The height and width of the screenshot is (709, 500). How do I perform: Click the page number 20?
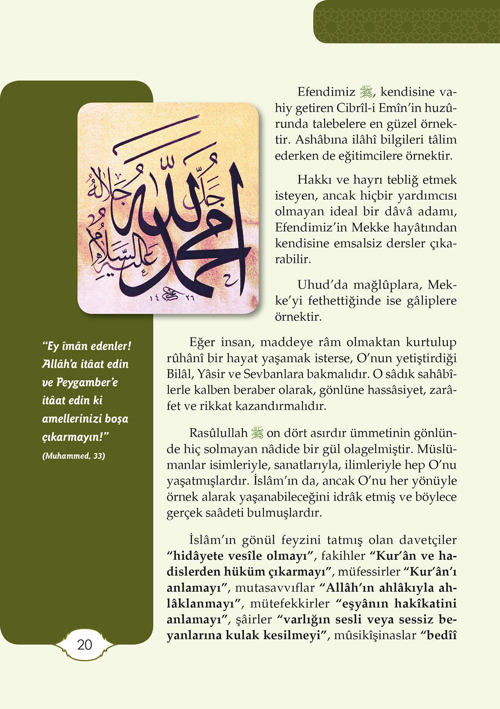pos(85,645)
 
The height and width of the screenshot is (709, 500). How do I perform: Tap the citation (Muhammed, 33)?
pos(74,456)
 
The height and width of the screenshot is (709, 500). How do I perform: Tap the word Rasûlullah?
pos(218,433)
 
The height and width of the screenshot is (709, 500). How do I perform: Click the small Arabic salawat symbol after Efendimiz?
pos(364,92)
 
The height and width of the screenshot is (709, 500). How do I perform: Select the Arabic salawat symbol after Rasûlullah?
pos(257,433)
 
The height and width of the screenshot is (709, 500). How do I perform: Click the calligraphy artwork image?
pos(168,208)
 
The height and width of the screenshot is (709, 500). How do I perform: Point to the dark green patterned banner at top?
pos(406,22)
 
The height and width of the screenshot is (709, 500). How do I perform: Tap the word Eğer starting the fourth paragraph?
pos(202,342)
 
